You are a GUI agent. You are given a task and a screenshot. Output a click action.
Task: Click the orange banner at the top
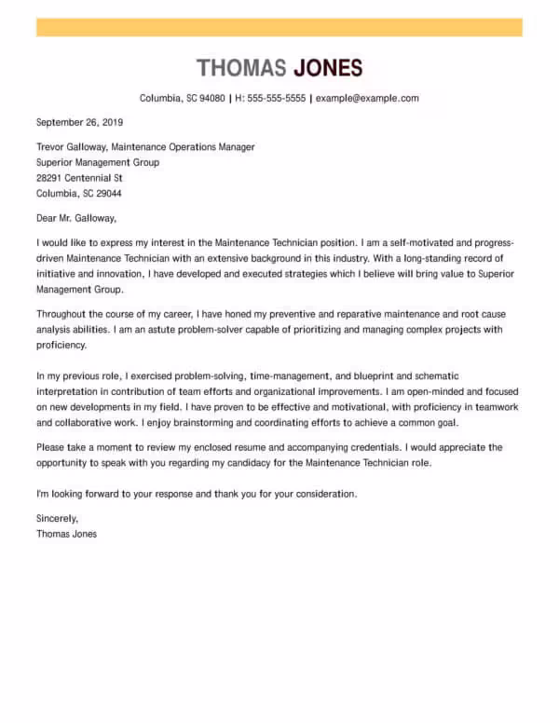[x=279, y=27]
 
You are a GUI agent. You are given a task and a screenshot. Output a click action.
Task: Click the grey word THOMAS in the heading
[x=241, y=68]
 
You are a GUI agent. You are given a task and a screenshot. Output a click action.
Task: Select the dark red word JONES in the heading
[x=328, y=68]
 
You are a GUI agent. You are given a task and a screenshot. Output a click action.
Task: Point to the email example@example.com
[x=367, y=98]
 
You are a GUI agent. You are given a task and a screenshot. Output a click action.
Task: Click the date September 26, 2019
[x=79, y=122]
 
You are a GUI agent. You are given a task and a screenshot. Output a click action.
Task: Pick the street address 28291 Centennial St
[x=79, y=178]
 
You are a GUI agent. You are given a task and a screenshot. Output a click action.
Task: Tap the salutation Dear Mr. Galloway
[x=76, y=218]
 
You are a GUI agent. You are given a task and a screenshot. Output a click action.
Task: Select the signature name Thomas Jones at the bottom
[x=66, y=534]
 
